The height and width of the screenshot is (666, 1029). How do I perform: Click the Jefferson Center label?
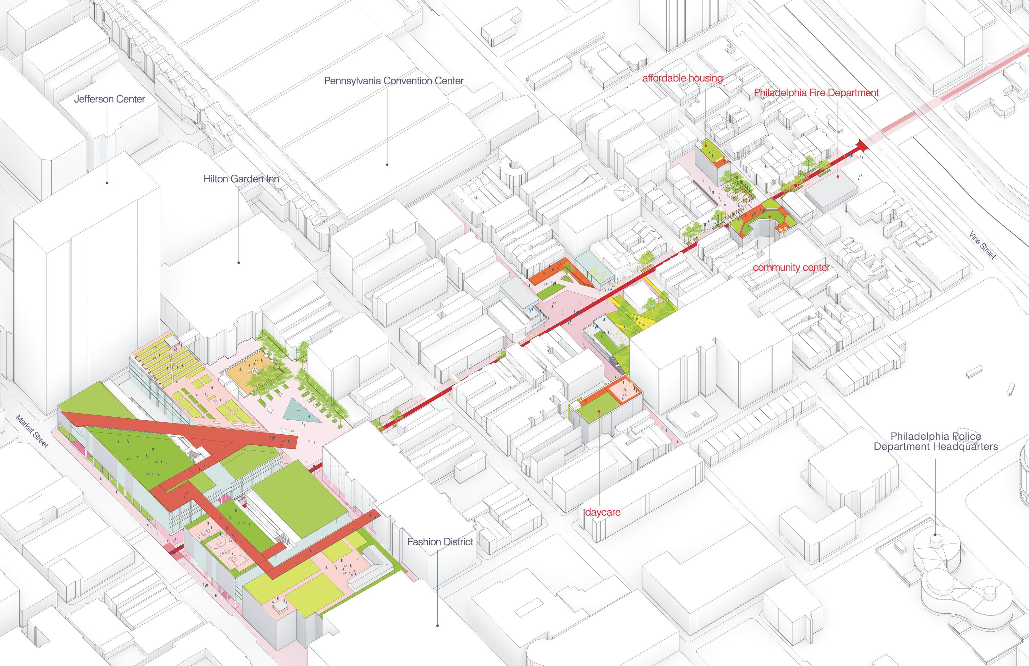109,99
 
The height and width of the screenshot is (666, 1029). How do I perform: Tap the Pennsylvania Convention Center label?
394,81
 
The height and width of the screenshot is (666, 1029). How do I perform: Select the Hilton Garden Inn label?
241,179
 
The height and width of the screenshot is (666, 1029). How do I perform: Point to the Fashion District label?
440,542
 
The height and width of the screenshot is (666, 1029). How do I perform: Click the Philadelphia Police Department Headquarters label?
936,441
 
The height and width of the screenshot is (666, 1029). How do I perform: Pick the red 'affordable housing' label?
682,78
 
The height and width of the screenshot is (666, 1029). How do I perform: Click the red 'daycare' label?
602,512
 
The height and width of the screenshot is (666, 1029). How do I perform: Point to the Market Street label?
32,431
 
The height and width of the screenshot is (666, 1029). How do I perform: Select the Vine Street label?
982,246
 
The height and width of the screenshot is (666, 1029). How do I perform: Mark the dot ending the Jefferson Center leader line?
107,183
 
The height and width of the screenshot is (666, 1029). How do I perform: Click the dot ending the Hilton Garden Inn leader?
238,262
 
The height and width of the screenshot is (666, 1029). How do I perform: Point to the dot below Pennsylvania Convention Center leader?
387,164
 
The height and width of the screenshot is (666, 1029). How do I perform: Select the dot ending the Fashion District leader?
437,625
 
